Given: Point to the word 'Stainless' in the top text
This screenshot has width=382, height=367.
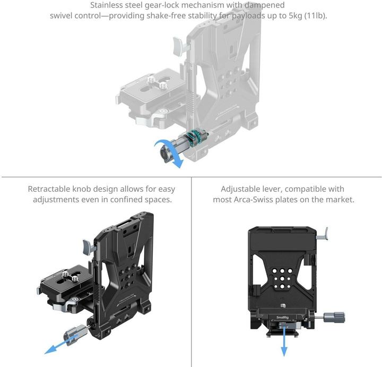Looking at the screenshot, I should [110, 5].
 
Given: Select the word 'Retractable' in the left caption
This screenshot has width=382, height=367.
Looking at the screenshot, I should [49, 189].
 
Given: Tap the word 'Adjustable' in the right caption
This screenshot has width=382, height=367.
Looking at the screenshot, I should [240, 189].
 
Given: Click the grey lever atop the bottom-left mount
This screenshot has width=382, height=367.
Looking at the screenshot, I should [88, 246].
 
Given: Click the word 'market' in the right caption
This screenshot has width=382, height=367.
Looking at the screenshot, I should [340, 200].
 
